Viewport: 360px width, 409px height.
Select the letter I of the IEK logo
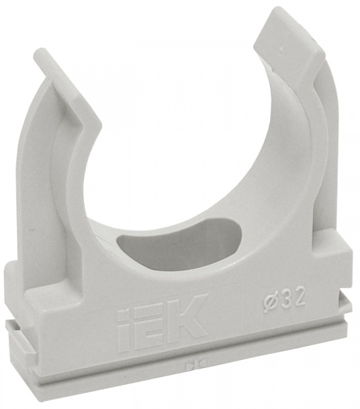[x=125, y=327]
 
